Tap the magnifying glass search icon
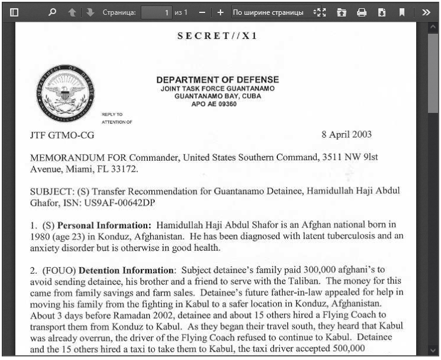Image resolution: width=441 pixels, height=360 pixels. coord(52,12)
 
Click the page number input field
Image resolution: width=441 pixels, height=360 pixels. coord(157,12)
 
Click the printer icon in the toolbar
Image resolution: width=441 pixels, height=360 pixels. coord(362,12)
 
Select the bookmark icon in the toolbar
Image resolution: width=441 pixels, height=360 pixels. coord(402,12)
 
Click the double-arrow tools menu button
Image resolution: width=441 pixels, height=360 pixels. coord(426,12)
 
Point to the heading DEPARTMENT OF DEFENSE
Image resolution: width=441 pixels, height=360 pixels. coord(218,80)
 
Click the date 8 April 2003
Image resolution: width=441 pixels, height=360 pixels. coord(346,134)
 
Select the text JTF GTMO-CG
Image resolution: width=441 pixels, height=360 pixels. coord(62,135)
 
